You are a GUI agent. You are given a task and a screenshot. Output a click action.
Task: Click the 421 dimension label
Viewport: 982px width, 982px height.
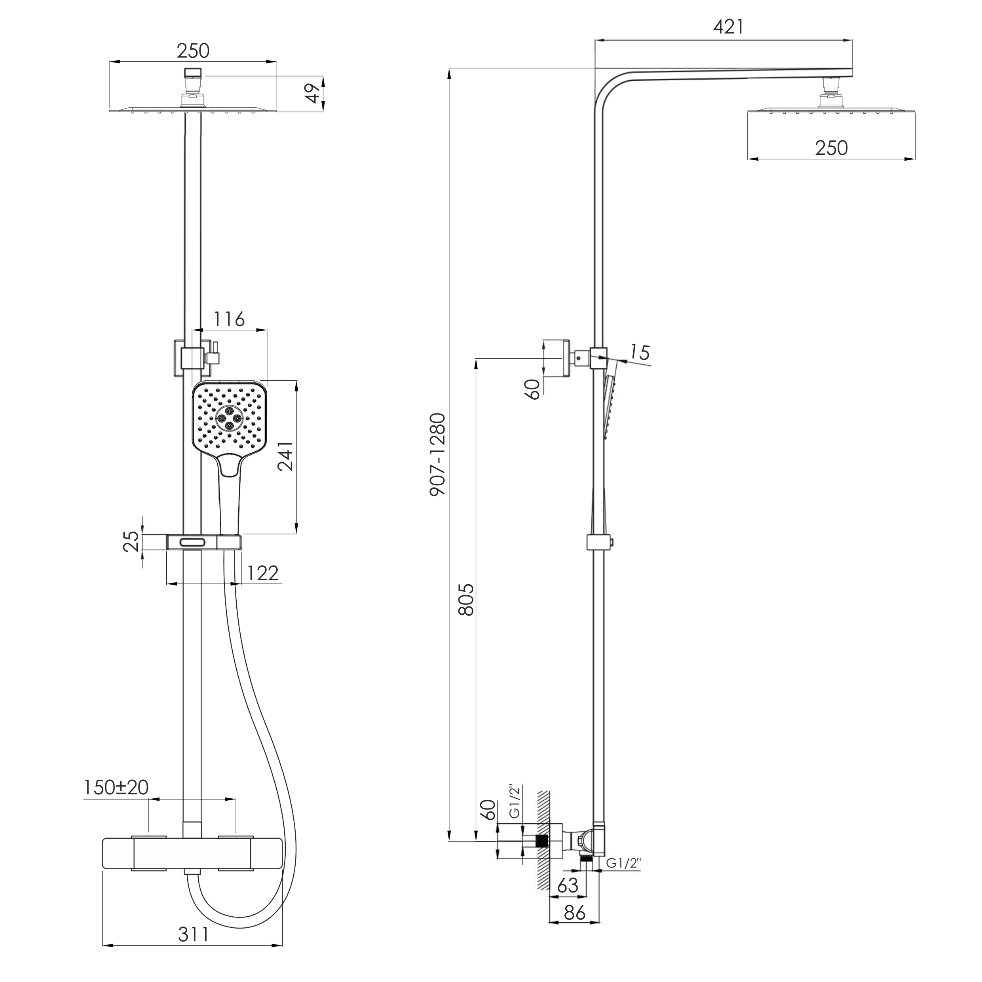728,27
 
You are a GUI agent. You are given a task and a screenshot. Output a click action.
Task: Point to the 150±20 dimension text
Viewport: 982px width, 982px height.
116,787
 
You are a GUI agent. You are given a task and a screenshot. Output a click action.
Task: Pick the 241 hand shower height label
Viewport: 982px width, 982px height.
286,456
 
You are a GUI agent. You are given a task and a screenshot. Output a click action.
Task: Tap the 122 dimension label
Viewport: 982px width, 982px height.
263,574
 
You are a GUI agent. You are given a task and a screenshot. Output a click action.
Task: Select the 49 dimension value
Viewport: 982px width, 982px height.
315,93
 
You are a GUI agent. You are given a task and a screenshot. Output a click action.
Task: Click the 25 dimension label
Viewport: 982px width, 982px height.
131,541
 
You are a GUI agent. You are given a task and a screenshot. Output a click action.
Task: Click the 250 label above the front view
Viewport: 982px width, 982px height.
193,51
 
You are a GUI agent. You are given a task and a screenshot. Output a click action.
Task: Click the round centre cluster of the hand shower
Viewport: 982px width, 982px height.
229,419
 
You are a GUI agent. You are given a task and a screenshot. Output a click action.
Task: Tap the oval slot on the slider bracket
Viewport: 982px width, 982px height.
192,542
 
